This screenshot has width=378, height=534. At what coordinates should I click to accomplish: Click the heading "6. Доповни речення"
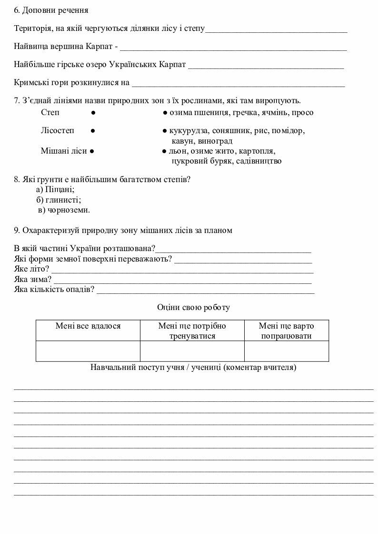pyautogui.click(x=51, y=10)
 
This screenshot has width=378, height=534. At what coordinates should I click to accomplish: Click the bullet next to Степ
pyautogui.click(x=93, y=113)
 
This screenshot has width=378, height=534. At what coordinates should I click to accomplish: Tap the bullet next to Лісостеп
pyautogui.click(x=93, y=130)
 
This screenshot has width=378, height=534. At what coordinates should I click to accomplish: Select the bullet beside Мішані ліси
pyautogui.click(x=91, y=151)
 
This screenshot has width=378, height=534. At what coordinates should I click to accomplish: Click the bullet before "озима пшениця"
pyautogui.click(x=164, y=113)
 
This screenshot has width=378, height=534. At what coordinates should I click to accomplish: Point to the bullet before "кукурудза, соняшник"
pyautogui.click(x=164, y=130)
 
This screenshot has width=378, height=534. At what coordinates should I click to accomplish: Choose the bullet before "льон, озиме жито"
pyautogui.click(x=164, y=151)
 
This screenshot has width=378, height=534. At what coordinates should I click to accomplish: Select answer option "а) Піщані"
pyautogui.click(x=55, y=190)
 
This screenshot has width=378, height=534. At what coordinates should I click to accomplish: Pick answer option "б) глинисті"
pyautogui.click(x=59, y=200)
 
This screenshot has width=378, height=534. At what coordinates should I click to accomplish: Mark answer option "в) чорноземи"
pyautogui.click(x=64, y=210)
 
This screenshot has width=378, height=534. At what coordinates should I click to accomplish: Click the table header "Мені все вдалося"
pyautogui.click(x=88, y=326)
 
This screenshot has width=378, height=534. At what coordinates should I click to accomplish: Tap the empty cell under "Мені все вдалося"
pyautogui.click(x=88, y=351)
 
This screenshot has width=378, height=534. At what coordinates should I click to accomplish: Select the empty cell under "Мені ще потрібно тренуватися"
pyautogui.click(x=192, y=351)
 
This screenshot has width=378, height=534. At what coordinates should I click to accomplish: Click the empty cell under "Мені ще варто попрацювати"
pyautogui.click(x=286, y=351)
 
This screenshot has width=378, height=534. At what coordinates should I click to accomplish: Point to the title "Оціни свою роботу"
pyautogui.click(x=193, y=308)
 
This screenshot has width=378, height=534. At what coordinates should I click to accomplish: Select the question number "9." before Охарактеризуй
pyautogui.click(x=17, y=231)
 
